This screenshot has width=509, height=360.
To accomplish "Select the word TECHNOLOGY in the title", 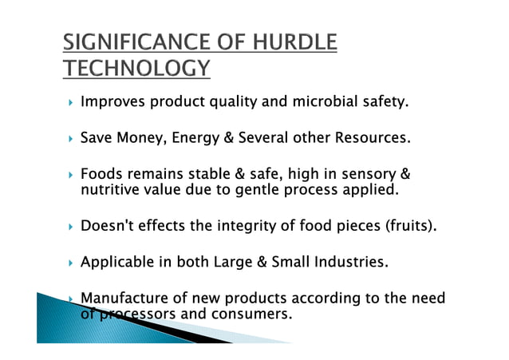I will pos(136,69).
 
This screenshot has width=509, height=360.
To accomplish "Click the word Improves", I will pos(114,102).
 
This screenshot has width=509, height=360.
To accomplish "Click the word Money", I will pos(140,138).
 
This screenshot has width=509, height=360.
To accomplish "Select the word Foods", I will pos(101,175).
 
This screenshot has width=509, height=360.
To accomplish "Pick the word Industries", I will pos(353,263).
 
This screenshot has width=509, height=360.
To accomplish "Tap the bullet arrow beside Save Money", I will pos(71,139).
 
